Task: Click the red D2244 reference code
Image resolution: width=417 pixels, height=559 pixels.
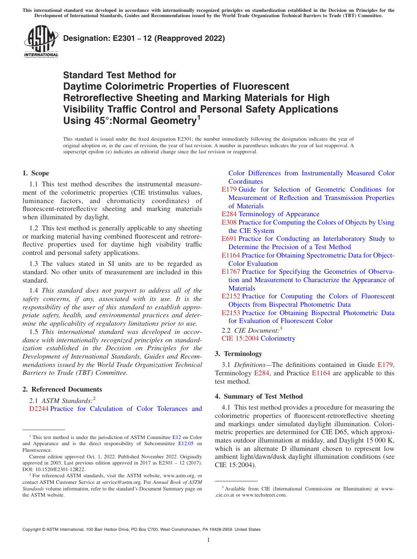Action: [x=39, y=409]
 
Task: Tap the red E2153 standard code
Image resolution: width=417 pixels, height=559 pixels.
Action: [x=231, y=313]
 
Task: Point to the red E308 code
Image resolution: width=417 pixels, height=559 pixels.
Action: [x=229, y=222]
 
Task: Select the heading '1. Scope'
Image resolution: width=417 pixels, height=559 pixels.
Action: [x=36, y=173]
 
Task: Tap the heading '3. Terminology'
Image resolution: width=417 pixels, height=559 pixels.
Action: [x=238, y=354]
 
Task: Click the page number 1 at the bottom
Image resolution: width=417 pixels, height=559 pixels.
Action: [x=208, y=540]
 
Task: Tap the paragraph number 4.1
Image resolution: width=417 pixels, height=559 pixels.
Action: [x=227, y=407]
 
